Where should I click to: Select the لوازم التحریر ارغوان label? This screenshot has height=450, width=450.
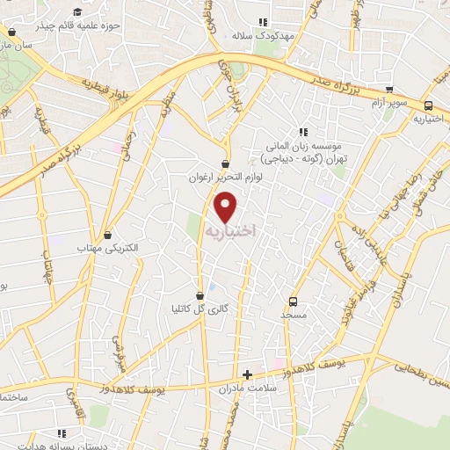tap(226, 177)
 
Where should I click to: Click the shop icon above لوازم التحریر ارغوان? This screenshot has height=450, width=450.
tap(227, 163)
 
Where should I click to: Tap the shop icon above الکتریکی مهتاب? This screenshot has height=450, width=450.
tap(108, 236)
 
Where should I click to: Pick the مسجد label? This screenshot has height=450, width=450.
tap(292, 314)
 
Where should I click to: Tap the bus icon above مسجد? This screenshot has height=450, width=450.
tap(293, 301)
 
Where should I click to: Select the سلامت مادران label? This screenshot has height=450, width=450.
tap(247, 388)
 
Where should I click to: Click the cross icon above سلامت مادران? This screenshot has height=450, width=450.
tap(247, 374)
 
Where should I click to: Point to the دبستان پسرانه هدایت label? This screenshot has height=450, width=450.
tap(62, 446)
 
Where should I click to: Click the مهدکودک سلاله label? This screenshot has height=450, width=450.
tap(261, 36)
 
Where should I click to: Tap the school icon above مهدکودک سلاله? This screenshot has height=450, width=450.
tap(262, 23)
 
